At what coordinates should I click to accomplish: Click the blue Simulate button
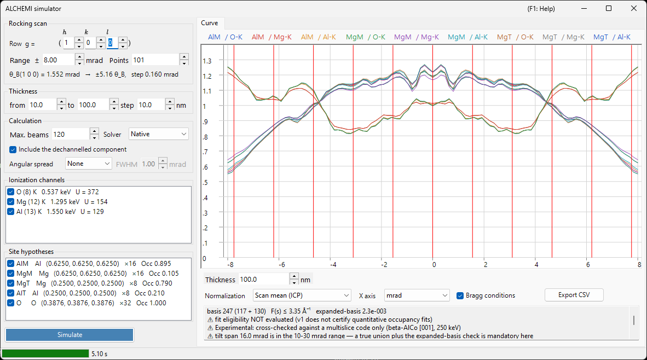70,335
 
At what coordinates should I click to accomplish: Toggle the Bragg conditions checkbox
460,295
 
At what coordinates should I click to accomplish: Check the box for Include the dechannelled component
13,150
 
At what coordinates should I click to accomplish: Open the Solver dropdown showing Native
158,134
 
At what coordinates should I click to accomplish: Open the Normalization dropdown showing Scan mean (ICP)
302,295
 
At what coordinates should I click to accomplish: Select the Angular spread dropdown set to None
88,164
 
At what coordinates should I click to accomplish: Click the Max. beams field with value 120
71,135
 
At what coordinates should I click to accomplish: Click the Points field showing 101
155,60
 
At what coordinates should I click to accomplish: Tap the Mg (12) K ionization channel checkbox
11,202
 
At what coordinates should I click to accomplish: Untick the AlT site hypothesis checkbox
11,293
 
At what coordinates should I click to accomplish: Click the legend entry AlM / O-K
226,37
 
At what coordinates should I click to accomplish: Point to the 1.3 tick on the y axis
207,61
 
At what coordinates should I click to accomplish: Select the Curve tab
210,23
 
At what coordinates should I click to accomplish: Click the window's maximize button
609,8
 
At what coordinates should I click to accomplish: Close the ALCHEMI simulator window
634,8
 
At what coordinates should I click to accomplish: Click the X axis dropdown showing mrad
417,295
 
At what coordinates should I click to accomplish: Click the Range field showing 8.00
59,60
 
